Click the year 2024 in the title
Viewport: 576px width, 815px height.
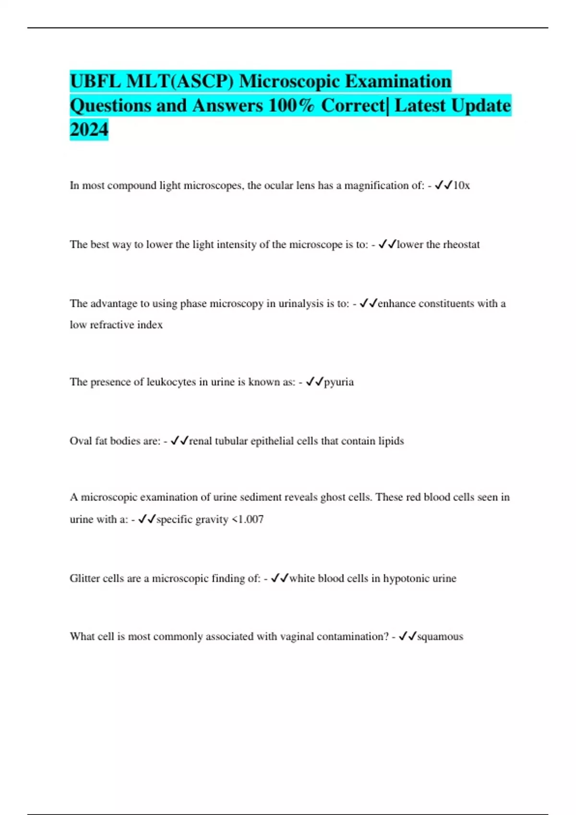89,129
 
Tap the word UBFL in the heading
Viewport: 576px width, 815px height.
95,81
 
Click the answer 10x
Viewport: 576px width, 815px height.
462,186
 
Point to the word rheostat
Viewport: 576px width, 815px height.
461,244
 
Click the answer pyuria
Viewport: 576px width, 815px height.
339,382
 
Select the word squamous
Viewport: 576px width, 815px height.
440,637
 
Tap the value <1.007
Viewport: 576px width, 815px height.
248,519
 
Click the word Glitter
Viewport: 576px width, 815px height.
85,578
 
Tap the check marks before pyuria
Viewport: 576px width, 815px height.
314,382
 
